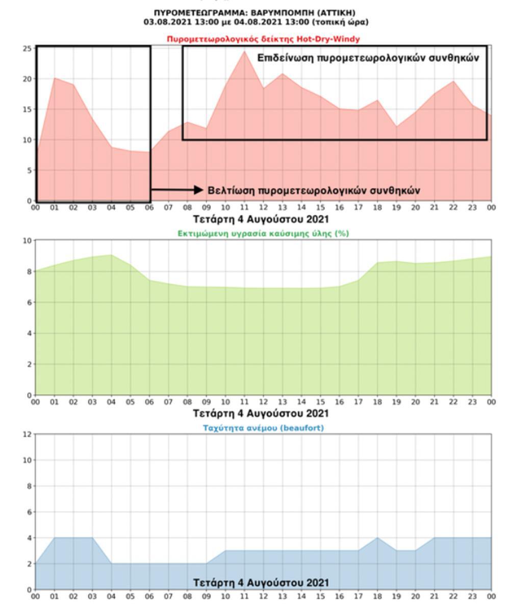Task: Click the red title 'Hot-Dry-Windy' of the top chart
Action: (x=263, y=39)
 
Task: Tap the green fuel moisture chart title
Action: (x=263, y=233)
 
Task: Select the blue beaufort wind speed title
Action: (x=263, y=428)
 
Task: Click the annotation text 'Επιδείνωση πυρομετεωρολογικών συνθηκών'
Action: (x=368, y=58)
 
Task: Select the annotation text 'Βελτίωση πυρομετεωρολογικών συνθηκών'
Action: (x=314, y=190)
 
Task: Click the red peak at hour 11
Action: (x=245, y=51)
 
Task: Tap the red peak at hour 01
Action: (x=55, y=78)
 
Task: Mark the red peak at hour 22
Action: (x=453, y=81)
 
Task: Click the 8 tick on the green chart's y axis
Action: (x=29, y=271)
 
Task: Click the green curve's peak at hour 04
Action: (x=111, y=255)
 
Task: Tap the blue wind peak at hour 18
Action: (x=377, y=538)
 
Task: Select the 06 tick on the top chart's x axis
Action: (x=149, y=208)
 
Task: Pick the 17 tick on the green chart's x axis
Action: (x=359, y=402)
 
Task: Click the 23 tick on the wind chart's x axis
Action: (x=472, y=596)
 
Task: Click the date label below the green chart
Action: (x=261, y=413)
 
